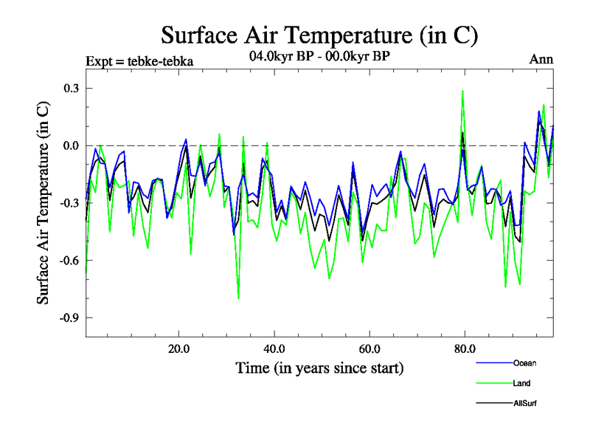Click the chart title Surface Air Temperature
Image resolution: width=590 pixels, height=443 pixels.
(x=320, y=34)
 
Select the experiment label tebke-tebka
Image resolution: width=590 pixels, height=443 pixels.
(x=140, y=61)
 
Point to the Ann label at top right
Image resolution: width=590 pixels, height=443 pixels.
(x=541, y=61)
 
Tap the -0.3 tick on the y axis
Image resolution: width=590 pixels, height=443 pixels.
(x=69, y=203)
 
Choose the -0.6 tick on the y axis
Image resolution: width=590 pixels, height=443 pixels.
(x=69, y=260)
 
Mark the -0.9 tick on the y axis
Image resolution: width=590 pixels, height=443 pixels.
(x=69, y=317)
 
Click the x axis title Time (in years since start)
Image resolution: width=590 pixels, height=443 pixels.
(x=319, y=368)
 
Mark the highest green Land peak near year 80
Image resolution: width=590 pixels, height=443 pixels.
(x=462, y=91)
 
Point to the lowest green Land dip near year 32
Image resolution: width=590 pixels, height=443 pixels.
(x=238, y=298)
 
